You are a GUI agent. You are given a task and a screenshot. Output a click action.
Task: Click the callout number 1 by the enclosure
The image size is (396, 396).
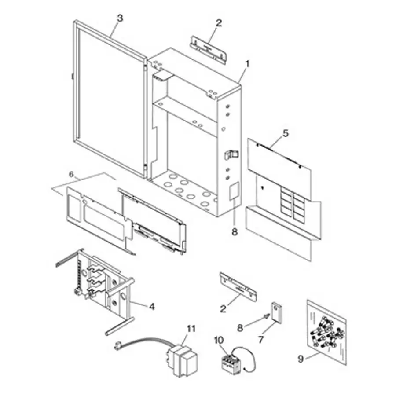tap(247, 63)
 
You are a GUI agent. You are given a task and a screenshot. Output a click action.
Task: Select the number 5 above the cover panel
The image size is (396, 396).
tap(286, 133)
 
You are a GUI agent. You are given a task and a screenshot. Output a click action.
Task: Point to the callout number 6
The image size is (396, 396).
tap(71, 174)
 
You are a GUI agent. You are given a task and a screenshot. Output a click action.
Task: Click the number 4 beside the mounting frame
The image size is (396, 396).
tap(152, 307)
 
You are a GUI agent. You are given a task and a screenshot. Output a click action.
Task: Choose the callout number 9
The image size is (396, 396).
tap(301, 359)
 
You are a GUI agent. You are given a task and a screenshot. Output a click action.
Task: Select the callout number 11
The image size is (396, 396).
tap(190, 328)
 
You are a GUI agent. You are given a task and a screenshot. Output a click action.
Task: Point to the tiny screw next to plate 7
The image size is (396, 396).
tap(265, 316)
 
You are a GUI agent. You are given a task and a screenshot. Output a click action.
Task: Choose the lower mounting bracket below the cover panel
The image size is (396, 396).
tap(238, 286)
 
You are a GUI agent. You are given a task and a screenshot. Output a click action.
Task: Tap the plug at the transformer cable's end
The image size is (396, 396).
tap(117, 345)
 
